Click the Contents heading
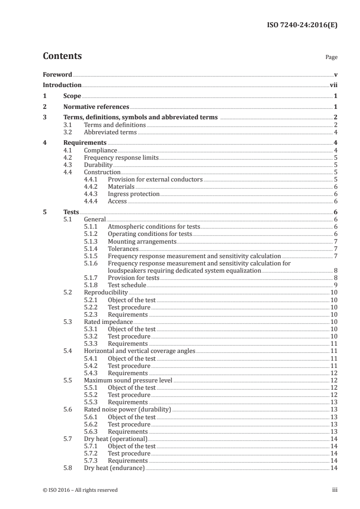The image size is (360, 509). point(62,56)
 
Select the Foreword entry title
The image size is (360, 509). point(57,74)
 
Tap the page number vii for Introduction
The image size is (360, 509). point(333,85)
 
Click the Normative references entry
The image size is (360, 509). point(96,107)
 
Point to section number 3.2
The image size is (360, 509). point(68,132)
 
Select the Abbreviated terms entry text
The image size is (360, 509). point(110,132)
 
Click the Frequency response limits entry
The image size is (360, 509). point(121,158)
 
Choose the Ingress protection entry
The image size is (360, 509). point(133,194)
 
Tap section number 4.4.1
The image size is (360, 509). point(92,180)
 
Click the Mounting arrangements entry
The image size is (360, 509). point(142,241)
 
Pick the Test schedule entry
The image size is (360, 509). point(127,285)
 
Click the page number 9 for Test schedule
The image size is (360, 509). point(335,285)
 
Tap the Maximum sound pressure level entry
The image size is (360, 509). point(128,380)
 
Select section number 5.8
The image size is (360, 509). point(68,468)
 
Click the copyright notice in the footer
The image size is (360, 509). point(80,490)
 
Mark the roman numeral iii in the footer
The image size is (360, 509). point(334,490)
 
